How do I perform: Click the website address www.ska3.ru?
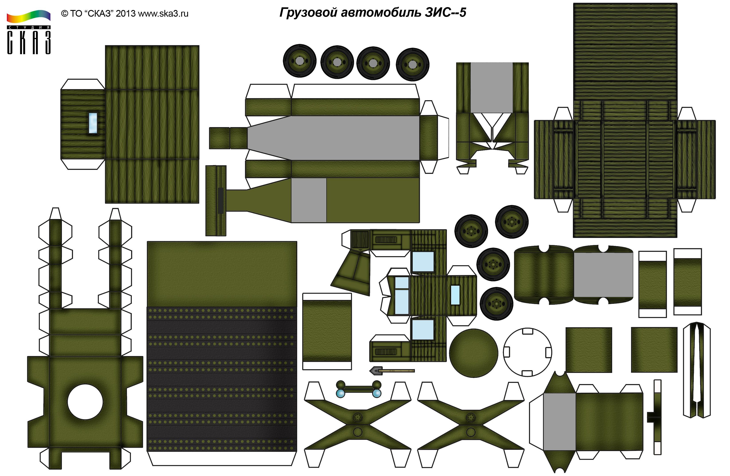(x=163, y=14)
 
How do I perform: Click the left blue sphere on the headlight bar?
(x=340, y=393)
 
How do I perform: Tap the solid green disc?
(x=473, y=353)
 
